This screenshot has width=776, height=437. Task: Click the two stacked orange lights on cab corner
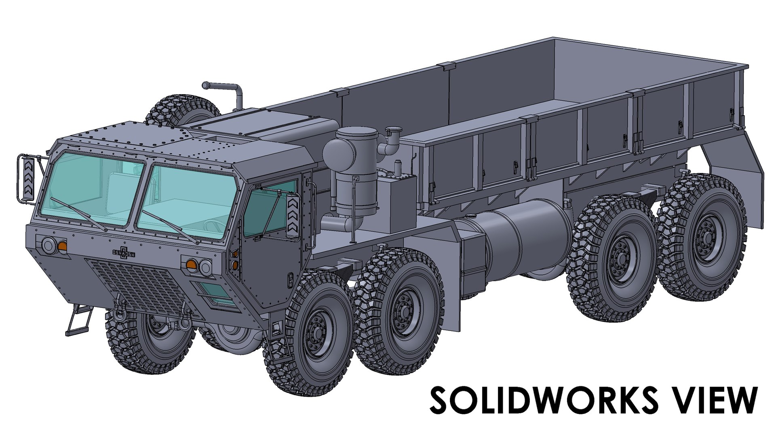pos(235,259)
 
